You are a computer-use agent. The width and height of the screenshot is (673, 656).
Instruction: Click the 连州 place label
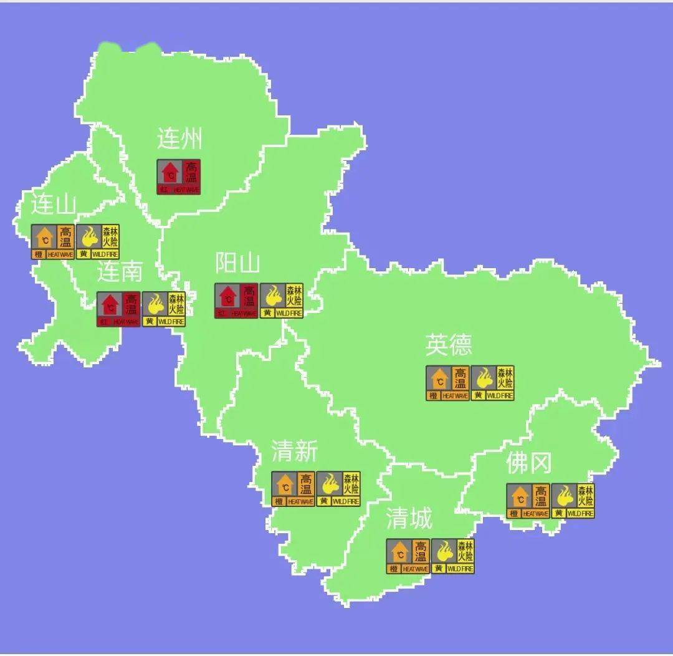pos(179,138)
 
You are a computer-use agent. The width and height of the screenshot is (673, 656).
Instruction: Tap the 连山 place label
pos(54,205)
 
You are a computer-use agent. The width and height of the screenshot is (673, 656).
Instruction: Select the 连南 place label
pos(120,271)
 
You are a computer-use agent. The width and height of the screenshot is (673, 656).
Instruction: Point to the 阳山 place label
pos(237,264)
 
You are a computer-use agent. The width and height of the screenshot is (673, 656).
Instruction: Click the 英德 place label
pos(449,344)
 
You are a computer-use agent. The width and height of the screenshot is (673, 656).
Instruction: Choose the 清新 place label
pos(295,451)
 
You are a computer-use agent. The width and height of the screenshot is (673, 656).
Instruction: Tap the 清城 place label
pos(409,518)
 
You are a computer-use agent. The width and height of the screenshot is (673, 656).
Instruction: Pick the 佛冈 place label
pos(528,463)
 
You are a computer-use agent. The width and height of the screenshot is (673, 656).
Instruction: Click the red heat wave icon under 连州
pos(178,176)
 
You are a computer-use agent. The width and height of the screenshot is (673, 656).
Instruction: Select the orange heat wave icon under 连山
pos(53,242)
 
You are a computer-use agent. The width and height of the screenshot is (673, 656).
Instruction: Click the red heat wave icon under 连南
pos(118,309)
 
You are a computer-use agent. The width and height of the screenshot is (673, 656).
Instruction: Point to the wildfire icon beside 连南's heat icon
pos(164,309)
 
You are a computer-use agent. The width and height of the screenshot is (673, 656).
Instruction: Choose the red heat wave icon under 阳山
pos(236,301)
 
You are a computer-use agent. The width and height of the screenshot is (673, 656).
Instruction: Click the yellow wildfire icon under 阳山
pos(282,301)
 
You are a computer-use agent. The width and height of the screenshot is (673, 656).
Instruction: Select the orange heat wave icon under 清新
pos(293,488)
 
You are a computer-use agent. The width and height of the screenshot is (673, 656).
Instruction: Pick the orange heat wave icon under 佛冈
pos(528,501)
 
